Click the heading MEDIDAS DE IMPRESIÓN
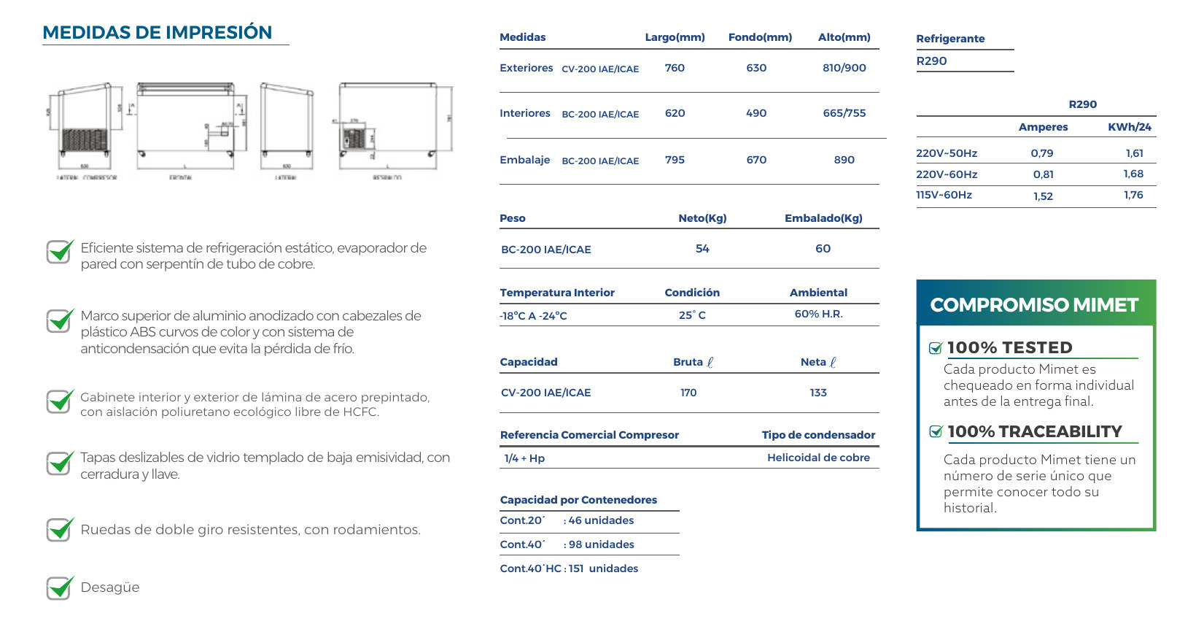(157, 33)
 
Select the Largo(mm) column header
(675, 37)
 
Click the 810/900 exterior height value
(844, 68)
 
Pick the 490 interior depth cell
(756, 113)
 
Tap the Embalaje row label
(524, 160)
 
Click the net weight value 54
(702, 249)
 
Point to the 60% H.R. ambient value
(818, 314)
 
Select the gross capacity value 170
(688, 393)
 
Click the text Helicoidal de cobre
(818, 458)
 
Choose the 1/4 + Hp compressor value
(524, 458)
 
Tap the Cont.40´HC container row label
(530, 569)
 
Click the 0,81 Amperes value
(1043, 174)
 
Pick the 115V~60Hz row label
(944, 195)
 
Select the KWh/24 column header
(1129, 127)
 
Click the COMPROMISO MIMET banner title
(1034, 305)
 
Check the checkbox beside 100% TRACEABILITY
(936, 432)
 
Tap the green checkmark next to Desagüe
(60, 587)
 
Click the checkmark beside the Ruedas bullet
(60, 529)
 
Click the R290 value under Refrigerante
(931, 61)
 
